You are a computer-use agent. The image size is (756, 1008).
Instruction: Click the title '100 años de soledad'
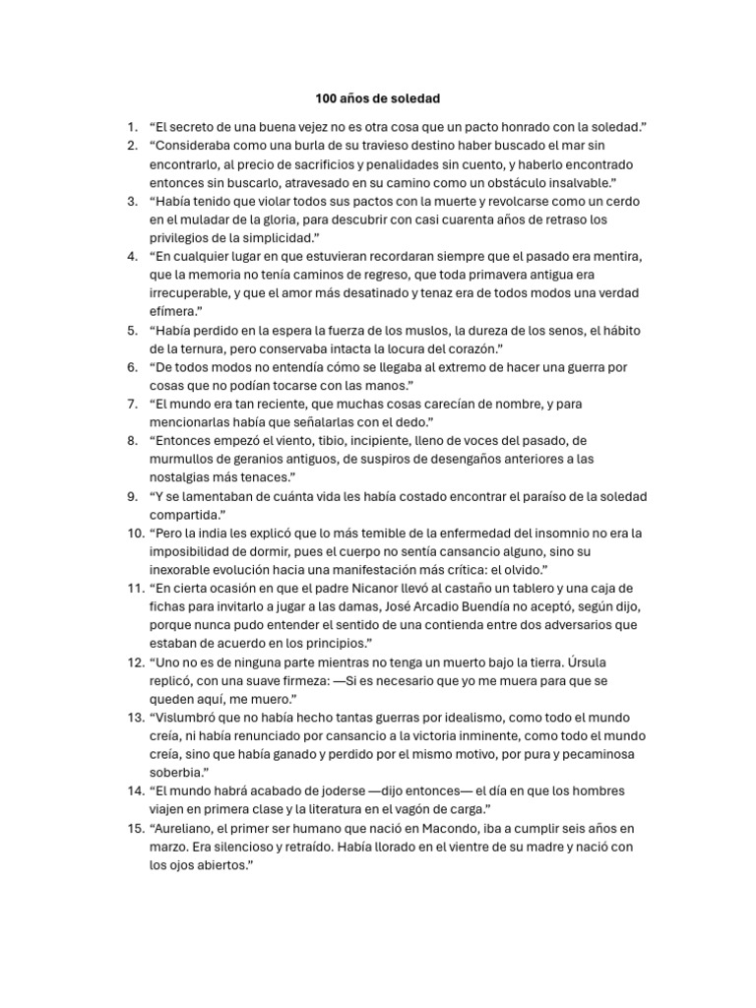(378, 98)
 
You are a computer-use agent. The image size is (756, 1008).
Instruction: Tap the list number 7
(132, 404)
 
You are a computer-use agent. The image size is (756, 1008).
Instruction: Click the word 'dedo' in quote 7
(385, 422)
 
